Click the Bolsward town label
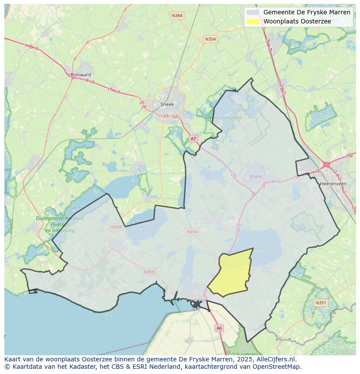click(81, 75)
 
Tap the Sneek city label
click(167, 104)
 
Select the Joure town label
click(256, 177)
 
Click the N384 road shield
click(177, 16)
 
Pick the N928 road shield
click(116, 227)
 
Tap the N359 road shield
click(149, 272)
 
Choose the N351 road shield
click(320, 303)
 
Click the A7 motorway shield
click(193, 139)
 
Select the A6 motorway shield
click(219, 328)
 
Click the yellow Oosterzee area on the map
click(233, 274)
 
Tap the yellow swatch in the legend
click(253, 21)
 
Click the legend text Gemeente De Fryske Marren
click(307, 12)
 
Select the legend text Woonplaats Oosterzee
click(297, 21)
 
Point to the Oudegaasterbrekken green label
click(60, 218)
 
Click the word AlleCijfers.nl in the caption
click(276, 359)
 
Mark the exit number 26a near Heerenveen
click(349, 156)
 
